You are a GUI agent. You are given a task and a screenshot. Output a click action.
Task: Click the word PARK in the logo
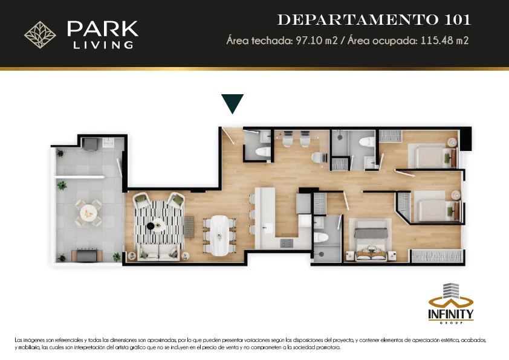(x=103, y=29)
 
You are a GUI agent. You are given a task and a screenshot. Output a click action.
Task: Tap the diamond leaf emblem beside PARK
(x=41, y=34)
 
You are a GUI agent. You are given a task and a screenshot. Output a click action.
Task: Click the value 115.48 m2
(x=444, y=40)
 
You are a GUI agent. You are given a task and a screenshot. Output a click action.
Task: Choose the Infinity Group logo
(x=451, y=304)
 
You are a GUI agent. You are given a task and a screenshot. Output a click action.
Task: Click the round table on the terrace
(x=88, y=213)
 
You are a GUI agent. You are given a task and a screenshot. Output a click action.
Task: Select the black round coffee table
(x=151, y=226)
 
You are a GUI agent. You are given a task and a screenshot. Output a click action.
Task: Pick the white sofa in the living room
(x=158, y=252)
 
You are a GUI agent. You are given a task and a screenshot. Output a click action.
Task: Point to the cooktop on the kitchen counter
(x=287, y=243)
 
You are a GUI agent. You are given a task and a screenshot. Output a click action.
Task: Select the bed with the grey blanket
(x=371, y=240)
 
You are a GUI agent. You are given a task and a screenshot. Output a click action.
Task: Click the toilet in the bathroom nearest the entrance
(x=262, y=152)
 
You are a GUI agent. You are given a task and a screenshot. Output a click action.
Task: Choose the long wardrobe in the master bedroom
(x=436, y=256)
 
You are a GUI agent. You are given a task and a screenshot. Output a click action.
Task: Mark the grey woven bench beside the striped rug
(x=189, y=227)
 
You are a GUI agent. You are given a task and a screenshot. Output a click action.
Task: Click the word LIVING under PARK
(x=103, y=45)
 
